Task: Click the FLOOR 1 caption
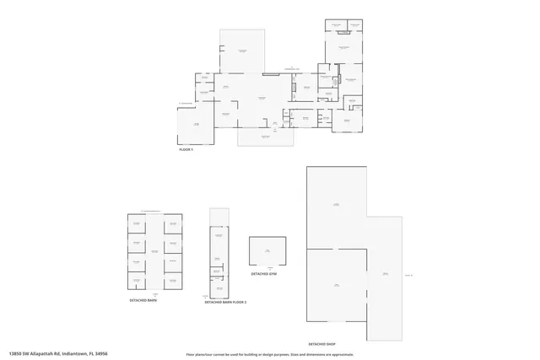coord(186,149)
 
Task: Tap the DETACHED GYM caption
coord(265,274)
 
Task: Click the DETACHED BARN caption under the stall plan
coord(143,300)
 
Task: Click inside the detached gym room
coord(267,251)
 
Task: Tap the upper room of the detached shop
coord(336,206)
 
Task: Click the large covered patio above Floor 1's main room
coord(242,51)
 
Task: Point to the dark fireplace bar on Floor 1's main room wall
coord(271,74)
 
